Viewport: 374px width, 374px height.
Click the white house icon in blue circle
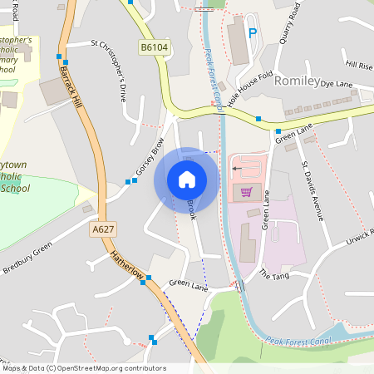[187, 180]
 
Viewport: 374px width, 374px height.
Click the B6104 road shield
[154, 47]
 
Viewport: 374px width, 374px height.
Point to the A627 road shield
[103, 229]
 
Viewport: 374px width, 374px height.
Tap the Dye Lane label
[337, 84]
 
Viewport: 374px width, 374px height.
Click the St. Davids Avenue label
[312, 185]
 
